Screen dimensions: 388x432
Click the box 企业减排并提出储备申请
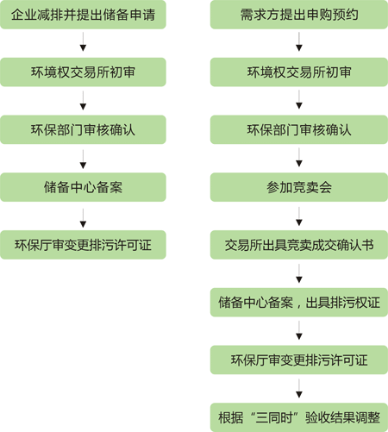pyautogui.click(x=83, y=15)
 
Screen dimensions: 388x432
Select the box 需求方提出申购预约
pyautogui.click(x=299, y=15)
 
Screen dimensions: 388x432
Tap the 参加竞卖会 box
pyautogui.click(x=299, y=187)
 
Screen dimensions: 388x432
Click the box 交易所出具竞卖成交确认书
pyautogui.click(x=299, y=245)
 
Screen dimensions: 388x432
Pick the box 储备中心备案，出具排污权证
pyautogui.click(x=299, y=303)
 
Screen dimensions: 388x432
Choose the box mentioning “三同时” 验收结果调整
pyautogui.click(x=299, y=417)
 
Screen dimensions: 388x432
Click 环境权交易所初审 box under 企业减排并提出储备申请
pyautogui.click(x=83, y=72)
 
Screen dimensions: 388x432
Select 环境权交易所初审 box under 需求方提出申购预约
pyautogui.click(x=299, y=72)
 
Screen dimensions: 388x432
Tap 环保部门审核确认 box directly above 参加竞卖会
pyautogui.click(x=299, y=129)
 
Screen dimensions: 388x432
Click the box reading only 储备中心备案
pyautogui.click(x=83, y=187)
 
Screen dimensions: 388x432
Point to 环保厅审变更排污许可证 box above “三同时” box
pyautogui.click(x=299, y=360)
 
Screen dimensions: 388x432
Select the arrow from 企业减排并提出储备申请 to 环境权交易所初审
pyautogui.click(x=83, y=41)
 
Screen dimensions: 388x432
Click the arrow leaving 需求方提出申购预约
pyautogui.click(x=299, y=41)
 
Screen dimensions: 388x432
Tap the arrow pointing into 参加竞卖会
pyautogui.click(x=299, y=157)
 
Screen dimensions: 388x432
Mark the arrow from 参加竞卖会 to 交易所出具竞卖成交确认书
pyautogui.click(x=299, y=216)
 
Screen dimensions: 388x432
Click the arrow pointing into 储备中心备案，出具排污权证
pyautogui.click(x=299, y=273)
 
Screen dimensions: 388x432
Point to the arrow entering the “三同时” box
pyautogui.click(x=299, y=389)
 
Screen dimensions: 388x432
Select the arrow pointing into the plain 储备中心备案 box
pyautogui.click(x=83, y=159)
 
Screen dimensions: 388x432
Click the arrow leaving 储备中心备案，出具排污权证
pyautogui.click(x=299, y=330)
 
